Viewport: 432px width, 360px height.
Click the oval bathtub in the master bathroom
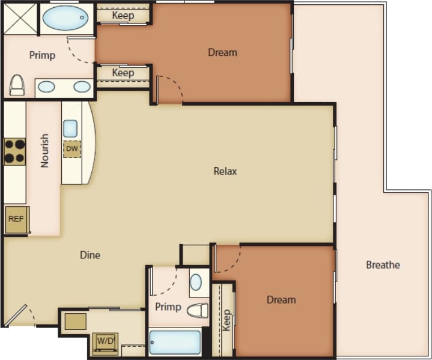[65, 18]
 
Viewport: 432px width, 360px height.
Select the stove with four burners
[15, 151]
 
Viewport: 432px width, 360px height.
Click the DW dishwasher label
[71, 148]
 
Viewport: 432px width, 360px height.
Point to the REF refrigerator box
[16, 219]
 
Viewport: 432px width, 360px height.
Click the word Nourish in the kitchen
[44, 150]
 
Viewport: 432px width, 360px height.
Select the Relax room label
[225, 171]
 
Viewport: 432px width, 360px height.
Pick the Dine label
[90, 255]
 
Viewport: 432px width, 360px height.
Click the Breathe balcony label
[383, 264]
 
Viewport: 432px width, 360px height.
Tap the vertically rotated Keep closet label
[227, 320]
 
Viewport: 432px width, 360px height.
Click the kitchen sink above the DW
[70, 128]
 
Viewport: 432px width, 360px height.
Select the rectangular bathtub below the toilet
[175, 343]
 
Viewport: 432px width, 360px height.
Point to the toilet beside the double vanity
[17, 85]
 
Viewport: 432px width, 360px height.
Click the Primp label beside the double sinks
[42, 55]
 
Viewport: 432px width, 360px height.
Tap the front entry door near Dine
[18, 316]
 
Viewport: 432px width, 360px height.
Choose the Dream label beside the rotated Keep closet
[281, 299]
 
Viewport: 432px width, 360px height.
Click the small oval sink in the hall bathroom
[196, 282]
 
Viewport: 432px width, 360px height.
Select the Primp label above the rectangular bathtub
[168, 307]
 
